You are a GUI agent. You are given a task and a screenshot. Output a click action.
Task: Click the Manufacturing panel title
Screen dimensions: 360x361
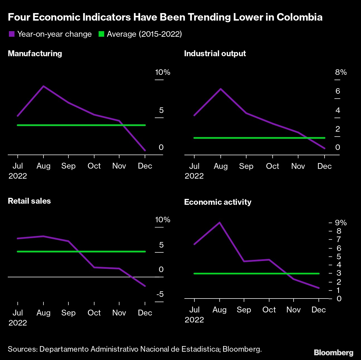pos(35,53)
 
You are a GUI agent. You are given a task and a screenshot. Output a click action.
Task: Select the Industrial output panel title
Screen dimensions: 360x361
pos(215,53)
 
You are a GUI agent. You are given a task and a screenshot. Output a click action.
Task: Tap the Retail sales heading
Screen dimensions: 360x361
pos(29,201)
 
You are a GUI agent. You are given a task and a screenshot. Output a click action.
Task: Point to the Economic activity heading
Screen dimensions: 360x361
pos(218,202)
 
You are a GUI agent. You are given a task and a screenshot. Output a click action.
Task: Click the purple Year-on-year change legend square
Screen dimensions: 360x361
pos(11,34)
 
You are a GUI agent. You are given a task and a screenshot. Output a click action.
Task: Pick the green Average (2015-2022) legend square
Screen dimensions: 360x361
pos(101,34)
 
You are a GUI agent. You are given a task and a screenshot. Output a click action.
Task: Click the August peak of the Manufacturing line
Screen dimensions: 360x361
pos(43,86)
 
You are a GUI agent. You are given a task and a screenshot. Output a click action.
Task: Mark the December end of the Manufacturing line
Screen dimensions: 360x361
pos(145,150)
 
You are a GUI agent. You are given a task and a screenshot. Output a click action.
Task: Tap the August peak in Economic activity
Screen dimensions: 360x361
pos(219,223)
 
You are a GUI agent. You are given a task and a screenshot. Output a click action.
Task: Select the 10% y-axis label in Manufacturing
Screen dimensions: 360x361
pos(162,72)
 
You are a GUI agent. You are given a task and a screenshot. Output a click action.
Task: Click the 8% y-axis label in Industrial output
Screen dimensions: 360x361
pos(341,72)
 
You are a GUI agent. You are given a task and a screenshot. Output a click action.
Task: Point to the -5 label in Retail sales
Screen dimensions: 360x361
pos(160,294)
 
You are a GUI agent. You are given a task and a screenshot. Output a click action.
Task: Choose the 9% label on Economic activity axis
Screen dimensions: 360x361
pos(341,223)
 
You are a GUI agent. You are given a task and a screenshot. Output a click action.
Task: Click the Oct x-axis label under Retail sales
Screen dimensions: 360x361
pos(94,313)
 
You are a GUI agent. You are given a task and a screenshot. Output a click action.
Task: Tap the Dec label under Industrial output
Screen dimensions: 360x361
pos(325,166)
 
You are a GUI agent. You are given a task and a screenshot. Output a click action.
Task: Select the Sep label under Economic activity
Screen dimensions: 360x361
pos(244,310)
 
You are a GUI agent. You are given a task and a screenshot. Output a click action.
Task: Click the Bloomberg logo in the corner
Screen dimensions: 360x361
pos(333,353)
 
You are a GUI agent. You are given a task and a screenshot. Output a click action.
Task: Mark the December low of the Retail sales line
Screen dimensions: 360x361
pos(145,286)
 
